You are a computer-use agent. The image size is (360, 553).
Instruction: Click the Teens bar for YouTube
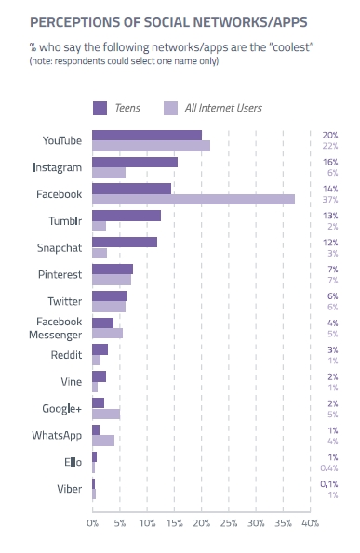pos(147,136)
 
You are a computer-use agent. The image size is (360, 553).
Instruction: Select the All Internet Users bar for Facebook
pos(193,199)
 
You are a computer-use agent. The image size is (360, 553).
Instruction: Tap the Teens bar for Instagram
pos(135,163)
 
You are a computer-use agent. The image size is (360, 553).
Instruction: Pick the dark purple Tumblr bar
pos(127,216)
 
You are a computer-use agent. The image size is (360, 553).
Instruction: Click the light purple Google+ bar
pos(106,414)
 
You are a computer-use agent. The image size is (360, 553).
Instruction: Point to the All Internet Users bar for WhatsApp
pos(103,441)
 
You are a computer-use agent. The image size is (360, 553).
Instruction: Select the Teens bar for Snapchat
pos(125,243)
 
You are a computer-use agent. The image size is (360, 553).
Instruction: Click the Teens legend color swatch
pos(100,108)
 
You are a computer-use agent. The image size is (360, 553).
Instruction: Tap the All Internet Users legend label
pos(223,108)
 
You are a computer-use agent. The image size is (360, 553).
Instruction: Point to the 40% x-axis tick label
pos(311,523)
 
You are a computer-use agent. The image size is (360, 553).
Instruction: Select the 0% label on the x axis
pos(92,523)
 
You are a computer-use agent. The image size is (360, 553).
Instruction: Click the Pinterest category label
pos(60,274)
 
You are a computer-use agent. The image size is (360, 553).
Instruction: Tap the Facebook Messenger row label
pos(56,328)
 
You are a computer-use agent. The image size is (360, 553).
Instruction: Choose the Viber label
pos(70,489)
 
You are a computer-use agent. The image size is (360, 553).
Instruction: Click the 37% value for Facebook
pos(330,200)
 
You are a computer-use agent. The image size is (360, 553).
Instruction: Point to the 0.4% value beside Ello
pos(329,468)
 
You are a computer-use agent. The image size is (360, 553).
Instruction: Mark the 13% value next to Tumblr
pos(330,216)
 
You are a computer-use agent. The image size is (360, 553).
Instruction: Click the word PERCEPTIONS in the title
pos(74,22)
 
